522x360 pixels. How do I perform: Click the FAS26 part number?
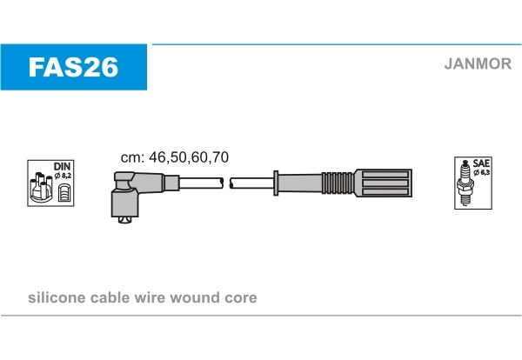[x=73, y=67]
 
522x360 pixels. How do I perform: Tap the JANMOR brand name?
[x=478, y=63]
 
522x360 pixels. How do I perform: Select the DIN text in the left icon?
[x=63, y=166]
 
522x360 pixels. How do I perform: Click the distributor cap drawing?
[x=41, y=187]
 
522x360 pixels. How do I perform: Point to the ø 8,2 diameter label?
[x=63, y=176]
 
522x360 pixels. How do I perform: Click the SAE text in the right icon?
[x=481, y=163]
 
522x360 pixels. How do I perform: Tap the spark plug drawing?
[x=465, y=183]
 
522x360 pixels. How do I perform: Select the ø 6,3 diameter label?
[x=482, y=172]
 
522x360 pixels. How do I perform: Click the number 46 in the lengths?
[x=157, y=157]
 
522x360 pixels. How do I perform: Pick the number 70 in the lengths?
[x=220, y=157]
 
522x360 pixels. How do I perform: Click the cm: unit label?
[x=132, y=157]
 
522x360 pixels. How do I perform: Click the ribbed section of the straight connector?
[x=338, y=183]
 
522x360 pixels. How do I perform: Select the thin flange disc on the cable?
[x=276, y=183]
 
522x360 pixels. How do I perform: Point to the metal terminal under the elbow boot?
[x=125, y=220]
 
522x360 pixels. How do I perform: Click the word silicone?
[x=57, y=297]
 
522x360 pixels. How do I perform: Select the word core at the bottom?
[x=241, y=298]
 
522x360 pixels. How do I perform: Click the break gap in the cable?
[x=227, y=183]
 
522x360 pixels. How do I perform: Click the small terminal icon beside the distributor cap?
[x=64, y=192]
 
